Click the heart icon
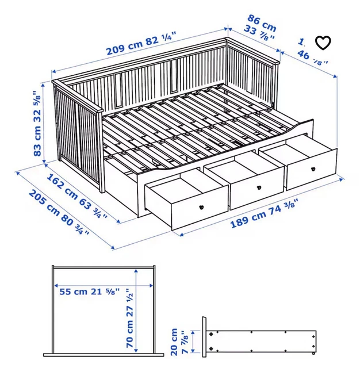[324, 43]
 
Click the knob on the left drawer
[202, 208]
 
